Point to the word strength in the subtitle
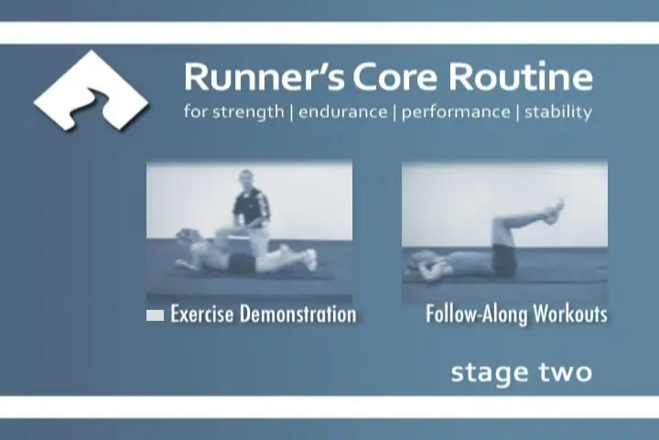click(248, 113)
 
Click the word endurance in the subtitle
click(343, 112)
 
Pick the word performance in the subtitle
click(456, 113)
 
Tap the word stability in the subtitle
click(558, 113)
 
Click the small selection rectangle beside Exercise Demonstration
click(155, 315)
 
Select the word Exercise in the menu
click(201, 314)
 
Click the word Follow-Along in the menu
click(476, 314)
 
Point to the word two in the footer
click(566, 373)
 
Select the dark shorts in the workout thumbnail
click(504, 259)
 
